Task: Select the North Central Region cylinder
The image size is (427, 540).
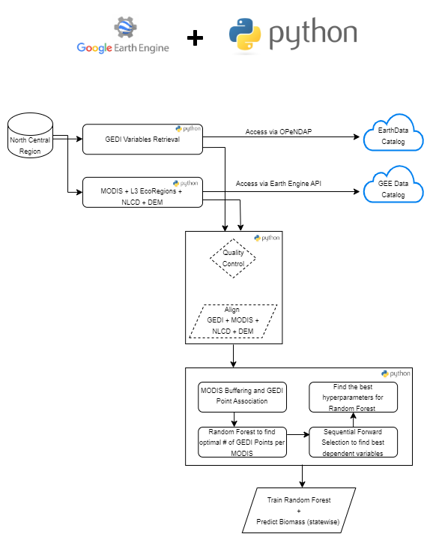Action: [31, 136]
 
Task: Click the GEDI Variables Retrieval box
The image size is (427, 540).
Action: [142, 139]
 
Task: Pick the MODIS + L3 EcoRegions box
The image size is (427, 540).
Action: [142, 192]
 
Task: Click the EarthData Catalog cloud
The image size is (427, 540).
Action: [393, 135]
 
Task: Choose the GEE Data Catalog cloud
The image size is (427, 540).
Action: [393, 189]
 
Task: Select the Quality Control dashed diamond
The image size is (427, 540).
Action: [233, 259]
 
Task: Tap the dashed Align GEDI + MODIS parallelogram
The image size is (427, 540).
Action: [233, 320]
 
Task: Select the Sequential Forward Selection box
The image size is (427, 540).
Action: [353, 442]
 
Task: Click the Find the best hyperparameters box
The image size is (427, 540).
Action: [353, 396]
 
